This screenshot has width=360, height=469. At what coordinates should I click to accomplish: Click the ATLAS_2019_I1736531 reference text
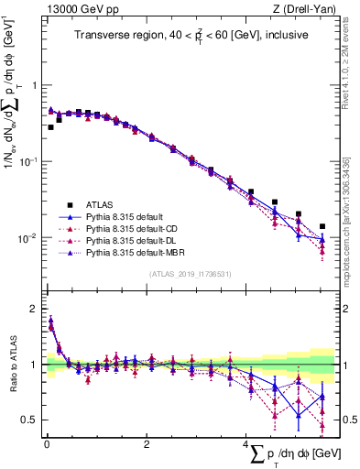click(x=190, y=274)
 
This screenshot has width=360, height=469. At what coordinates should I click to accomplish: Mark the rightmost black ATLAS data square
click(x=322, y=226)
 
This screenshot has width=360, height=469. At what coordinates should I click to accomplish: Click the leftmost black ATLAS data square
click(x=50, y=127)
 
